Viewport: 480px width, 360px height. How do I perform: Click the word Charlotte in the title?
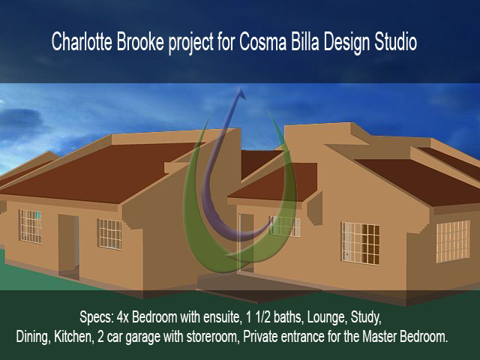(x=82, y=42)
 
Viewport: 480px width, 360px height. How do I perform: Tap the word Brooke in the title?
(x=140, y=42)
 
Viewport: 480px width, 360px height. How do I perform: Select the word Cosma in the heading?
(x=263, y=42)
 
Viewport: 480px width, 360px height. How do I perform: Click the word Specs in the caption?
(x=97, y=318)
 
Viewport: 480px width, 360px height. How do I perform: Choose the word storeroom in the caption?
(x=212, y=337)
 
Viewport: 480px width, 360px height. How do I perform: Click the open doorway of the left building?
(x=68, y=247)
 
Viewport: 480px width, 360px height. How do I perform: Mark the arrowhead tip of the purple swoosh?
(x=240, y=88)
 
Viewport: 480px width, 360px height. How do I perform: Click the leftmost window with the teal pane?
(x=30, y=226)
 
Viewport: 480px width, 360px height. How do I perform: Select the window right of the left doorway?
(x=109, y=234)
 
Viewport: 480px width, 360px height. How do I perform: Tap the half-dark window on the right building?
(x=361, y=243)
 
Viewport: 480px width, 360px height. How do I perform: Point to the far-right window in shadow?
(x=453, y=241)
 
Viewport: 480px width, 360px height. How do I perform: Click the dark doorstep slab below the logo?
(x=259, y=286)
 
